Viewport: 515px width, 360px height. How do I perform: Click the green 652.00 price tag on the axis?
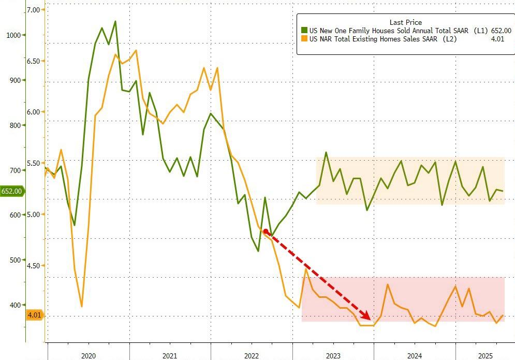[11, 191]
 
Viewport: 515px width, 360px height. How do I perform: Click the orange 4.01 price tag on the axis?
[34, 314]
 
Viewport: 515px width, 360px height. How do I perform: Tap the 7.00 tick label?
[34, 10]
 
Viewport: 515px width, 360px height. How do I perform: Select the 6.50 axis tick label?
[34, 61]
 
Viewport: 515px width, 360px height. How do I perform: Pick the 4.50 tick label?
[34, 266]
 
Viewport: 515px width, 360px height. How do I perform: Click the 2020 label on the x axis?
[88, 356]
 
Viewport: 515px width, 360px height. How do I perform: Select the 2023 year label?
[333, 356]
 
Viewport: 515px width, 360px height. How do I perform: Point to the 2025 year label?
[485, 356]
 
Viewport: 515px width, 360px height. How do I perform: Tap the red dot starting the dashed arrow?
[266, 232]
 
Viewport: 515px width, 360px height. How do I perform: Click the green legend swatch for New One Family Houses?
[305, 31]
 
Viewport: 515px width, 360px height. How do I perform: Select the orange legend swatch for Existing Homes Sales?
[305, 39]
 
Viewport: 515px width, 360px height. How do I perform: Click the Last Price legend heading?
[405, 22]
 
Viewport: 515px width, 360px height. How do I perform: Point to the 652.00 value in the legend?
[501, 31]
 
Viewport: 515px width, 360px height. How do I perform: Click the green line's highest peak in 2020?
[115, 21]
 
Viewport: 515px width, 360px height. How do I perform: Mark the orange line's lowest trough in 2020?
[82, 307]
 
